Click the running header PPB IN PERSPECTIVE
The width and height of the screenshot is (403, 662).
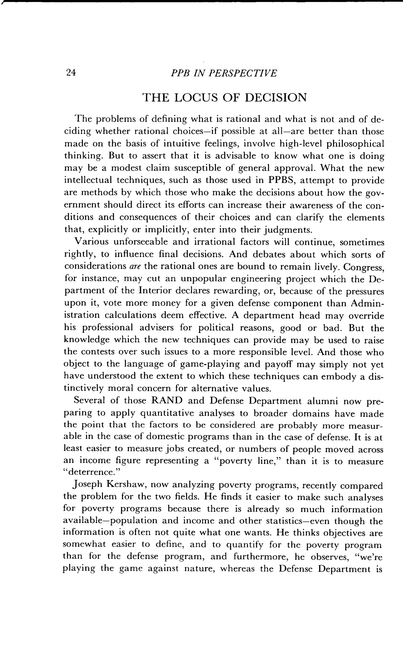(224, 73)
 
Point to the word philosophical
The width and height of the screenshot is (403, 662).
(355, 144)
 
